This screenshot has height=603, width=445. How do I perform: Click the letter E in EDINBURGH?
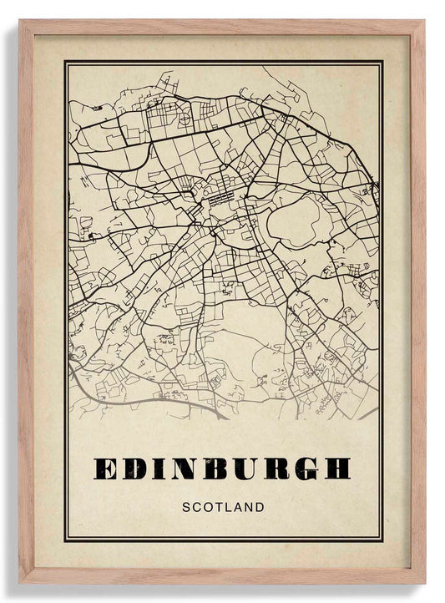pos(108,469)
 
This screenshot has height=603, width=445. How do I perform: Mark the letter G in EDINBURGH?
pos(306,469)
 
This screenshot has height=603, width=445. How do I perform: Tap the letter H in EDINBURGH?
pos(336,469)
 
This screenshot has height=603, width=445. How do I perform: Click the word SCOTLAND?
pos(222,507)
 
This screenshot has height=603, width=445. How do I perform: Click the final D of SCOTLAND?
pos(260,507)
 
